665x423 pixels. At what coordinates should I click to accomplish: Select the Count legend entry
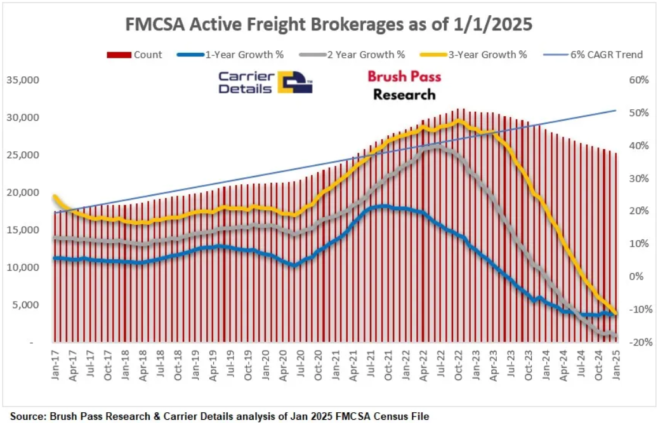pos(147,55)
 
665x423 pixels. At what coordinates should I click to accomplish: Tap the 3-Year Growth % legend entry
pos(487,55)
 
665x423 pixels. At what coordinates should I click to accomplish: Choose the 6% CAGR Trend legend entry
pos(607,55)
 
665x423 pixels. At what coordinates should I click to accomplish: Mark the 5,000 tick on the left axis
pos(27,305)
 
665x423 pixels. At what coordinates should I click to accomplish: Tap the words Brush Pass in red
pos(404,77)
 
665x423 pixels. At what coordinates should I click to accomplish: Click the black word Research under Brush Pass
pos(404,95)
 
